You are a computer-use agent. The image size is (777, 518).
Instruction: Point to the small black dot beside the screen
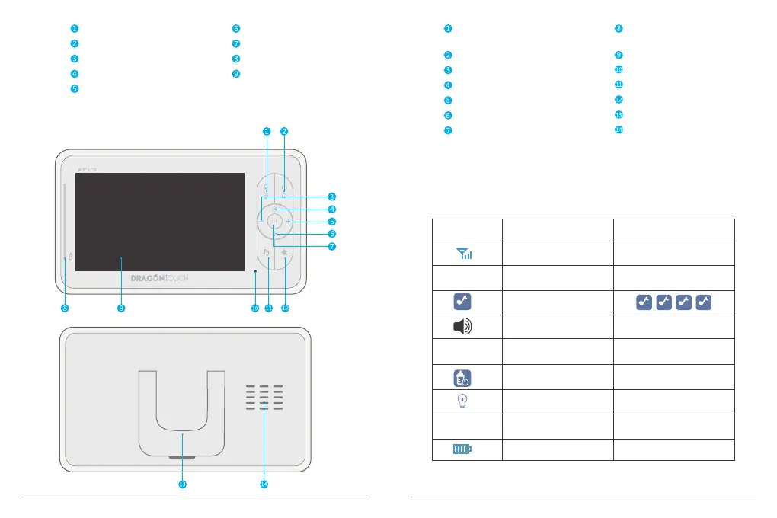255,270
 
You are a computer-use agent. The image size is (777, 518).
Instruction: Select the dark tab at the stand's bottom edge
181,458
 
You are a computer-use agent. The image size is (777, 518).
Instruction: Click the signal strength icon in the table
466,254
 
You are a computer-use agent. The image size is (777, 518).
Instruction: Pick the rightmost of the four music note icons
704,302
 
